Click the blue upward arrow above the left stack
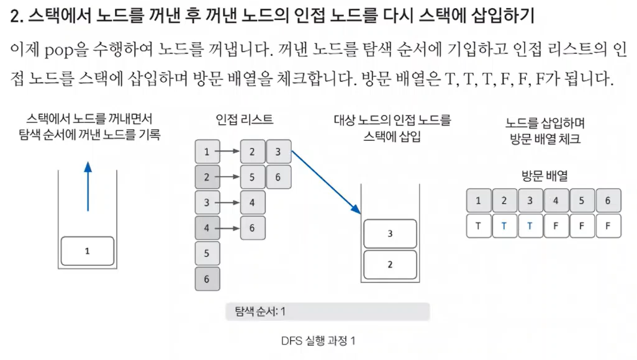point(88,186)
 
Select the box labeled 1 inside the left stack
point(88,251)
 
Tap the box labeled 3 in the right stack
point(390,233)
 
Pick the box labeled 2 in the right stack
point(390,264)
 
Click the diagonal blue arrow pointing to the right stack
point(326,182)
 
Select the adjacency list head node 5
point(207,253)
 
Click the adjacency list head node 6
point(207,279)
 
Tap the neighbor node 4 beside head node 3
point(253,202)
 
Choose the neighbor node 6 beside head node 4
point(253,228)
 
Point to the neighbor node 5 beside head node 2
point(253,177)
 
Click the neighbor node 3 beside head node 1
point(279,151)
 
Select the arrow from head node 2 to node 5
point(227,177)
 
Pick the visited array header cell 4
point(556,200)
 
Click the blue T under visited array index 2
point(504,226)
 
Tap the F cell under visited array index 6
point(608,226)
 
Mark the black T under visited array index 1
point(478,226)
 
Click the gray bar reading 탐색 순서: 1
point(327,312)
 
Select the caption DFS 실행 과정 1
point(318,341)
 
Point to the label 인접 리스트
point(244,119)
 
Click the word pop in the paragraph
point(59,51)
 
